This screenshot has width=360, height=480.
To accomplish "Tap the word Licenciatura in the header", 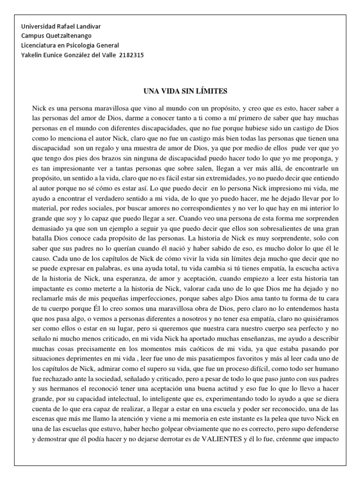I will (40, 45).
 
